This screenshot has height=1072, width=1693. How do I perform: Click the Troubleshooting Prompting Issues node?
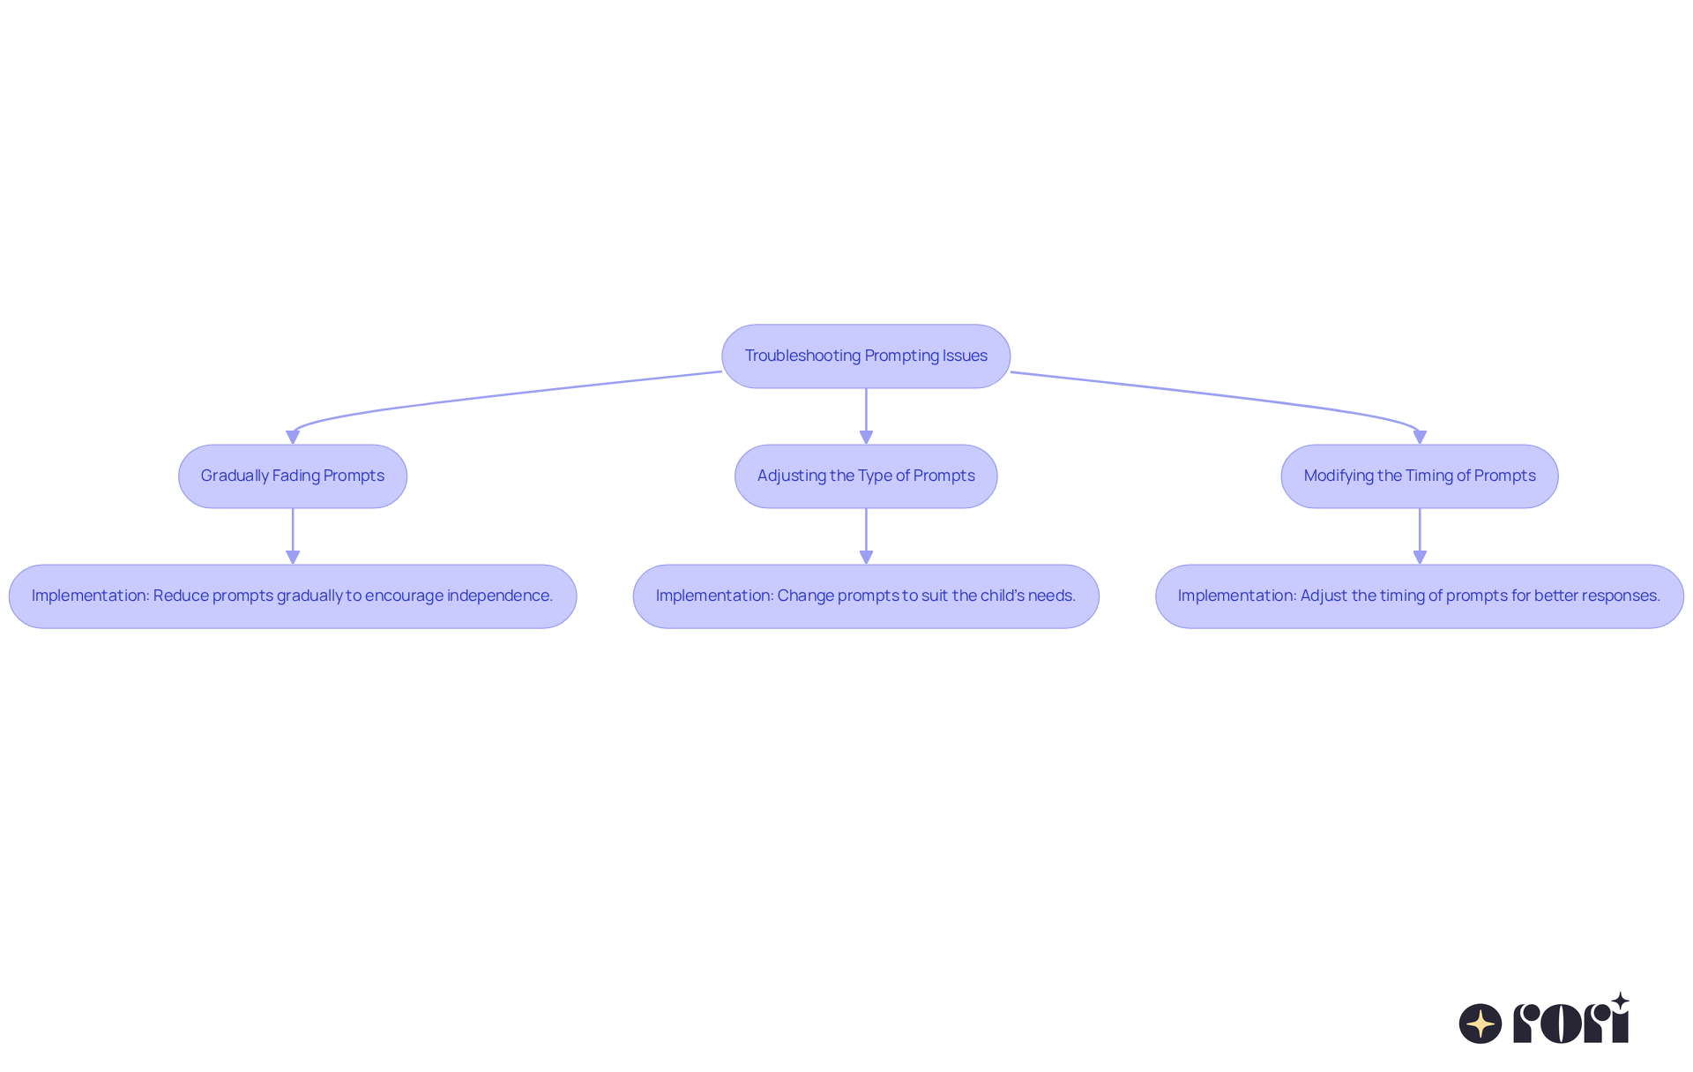(x=866, y=356)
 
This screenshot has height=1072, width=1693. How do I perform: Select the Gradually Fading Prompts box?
(x=293, y=476)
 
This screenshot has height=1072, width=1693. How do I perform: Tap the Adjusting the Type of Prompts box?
(x=866, y=476)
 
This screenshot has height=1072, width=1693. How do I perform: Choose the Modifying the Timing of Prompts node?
(x=1419, y=476)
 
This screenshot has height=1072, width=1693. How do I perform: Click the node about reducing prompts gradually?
(x=293, y=596)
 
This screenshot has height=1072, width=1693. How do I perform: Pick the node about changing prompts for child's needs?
(x=866, y=596)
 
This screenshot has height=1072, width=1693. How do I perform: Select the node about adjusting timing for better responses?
(x=1419, y=596)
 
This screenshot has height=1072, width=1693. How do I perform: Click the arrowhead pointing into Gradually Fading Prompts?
(x=293, y=437)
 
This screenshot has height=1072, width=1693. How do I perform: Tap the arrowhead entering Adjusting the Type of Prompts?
(x=866, y=437)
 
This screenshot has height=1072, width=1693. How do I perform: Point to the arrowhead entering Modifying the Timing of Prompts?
(x=1419, y=437)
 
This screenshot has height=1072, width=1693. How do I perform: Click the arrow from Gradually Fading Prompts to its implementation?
(x=293, y=534)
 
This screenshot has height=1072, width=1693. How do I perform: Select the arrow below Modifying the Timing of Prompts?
(x=1419, y=534)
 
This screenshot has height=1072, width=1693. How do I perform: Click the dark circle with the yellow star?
(x=1480, y=1023)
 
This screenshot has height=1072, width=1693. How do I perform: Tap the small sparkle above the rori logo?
(x=1620, y=1001)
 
